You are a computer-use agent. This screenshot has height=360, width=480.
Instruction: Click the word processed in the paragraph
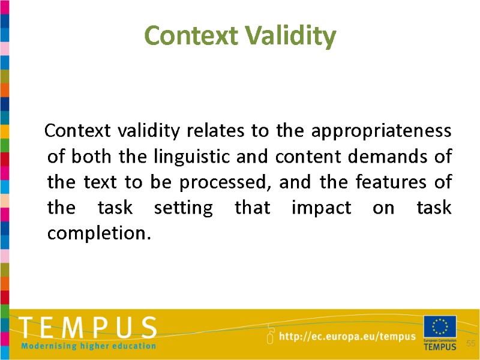click(231, 182)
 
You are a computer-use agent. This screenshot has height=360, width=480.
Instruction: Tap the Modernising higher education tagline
click(88, 346)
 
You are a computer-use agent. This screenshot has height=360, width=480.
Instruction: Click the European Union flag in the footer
click(440, 328)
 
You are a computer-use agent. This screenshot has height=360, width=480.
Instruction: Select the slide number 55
click(471, 343)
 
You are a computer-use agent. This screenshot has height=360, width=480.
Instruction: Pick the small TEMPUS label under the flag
click(440, 347)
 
